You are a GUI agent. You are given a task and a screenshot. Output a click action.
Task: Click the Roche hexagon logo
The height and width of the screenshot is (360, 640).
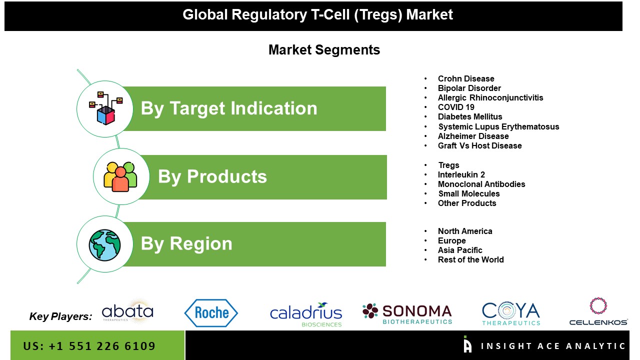click(211, 313)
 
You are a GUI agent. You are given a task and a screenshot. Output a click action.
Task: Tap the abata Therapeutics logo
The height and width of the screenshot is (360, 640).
click(127, 311)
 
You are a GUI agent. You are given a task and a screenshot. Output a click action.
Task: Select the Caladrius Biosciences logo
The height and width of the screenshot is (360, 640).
click(306, 314)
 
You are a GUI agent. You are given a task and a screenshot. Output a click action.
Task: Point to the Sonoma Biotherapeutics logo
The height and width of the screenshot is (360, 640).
click(407, 314)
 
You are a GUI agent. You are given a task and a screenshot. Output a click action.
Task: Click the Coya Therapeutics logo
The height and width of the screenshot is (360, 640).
click(511, 313)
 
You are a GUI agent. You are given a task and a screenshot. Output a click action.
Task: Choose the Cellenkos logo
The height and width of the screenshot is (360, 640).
click(598, 311)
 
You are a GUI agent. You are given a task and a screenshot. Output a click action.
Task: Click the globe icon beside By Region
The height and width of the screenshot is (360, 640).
click(104, 245)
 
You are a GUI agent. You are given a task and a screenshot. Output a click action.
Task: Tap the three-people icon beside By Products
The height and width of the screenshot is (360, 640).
click(120, 176)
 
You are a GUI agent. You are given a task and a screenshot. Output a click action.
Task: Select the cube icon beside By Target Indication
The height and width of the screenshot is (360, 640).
click(105, 108)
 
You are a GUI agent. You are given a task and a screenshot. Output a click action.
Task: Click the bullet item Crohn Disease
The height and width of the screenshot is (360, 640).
click(466, 78)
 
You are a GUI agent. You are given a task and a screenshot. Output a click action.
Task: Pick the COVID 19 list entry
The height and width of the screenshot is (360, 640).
click(456, 107)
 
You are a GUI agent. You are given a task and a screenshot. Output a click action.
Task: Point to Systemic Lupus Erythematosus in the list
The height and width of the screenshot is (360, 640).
click(498, 126)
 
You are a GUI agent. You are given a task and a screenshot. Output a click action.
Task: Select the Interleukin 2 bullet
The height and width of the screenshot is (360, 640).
click(461, 174)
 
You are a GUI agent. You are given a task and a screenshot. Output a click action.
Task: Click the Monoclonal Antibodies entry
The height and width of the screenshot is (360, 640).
click(481, 184)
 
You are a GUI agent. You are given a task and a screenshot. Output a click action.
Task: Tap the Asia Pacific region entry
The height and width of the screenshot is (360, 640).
click(460, 250)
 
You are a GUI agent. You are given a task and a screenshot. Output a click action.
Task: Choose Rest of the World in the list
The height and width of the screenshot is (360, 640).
click(471, 259)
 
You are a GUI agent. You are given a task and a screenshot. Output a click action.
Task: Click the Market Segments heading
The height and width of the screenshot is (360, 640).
click(324, 50)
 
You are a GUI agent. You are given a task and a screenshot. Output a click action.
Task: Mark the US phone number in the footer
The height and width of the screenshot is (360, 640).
click(89, 346)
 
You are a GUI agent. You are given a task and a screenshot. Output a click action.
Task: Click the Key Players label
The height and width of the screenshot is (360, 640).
click(60, 316)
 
